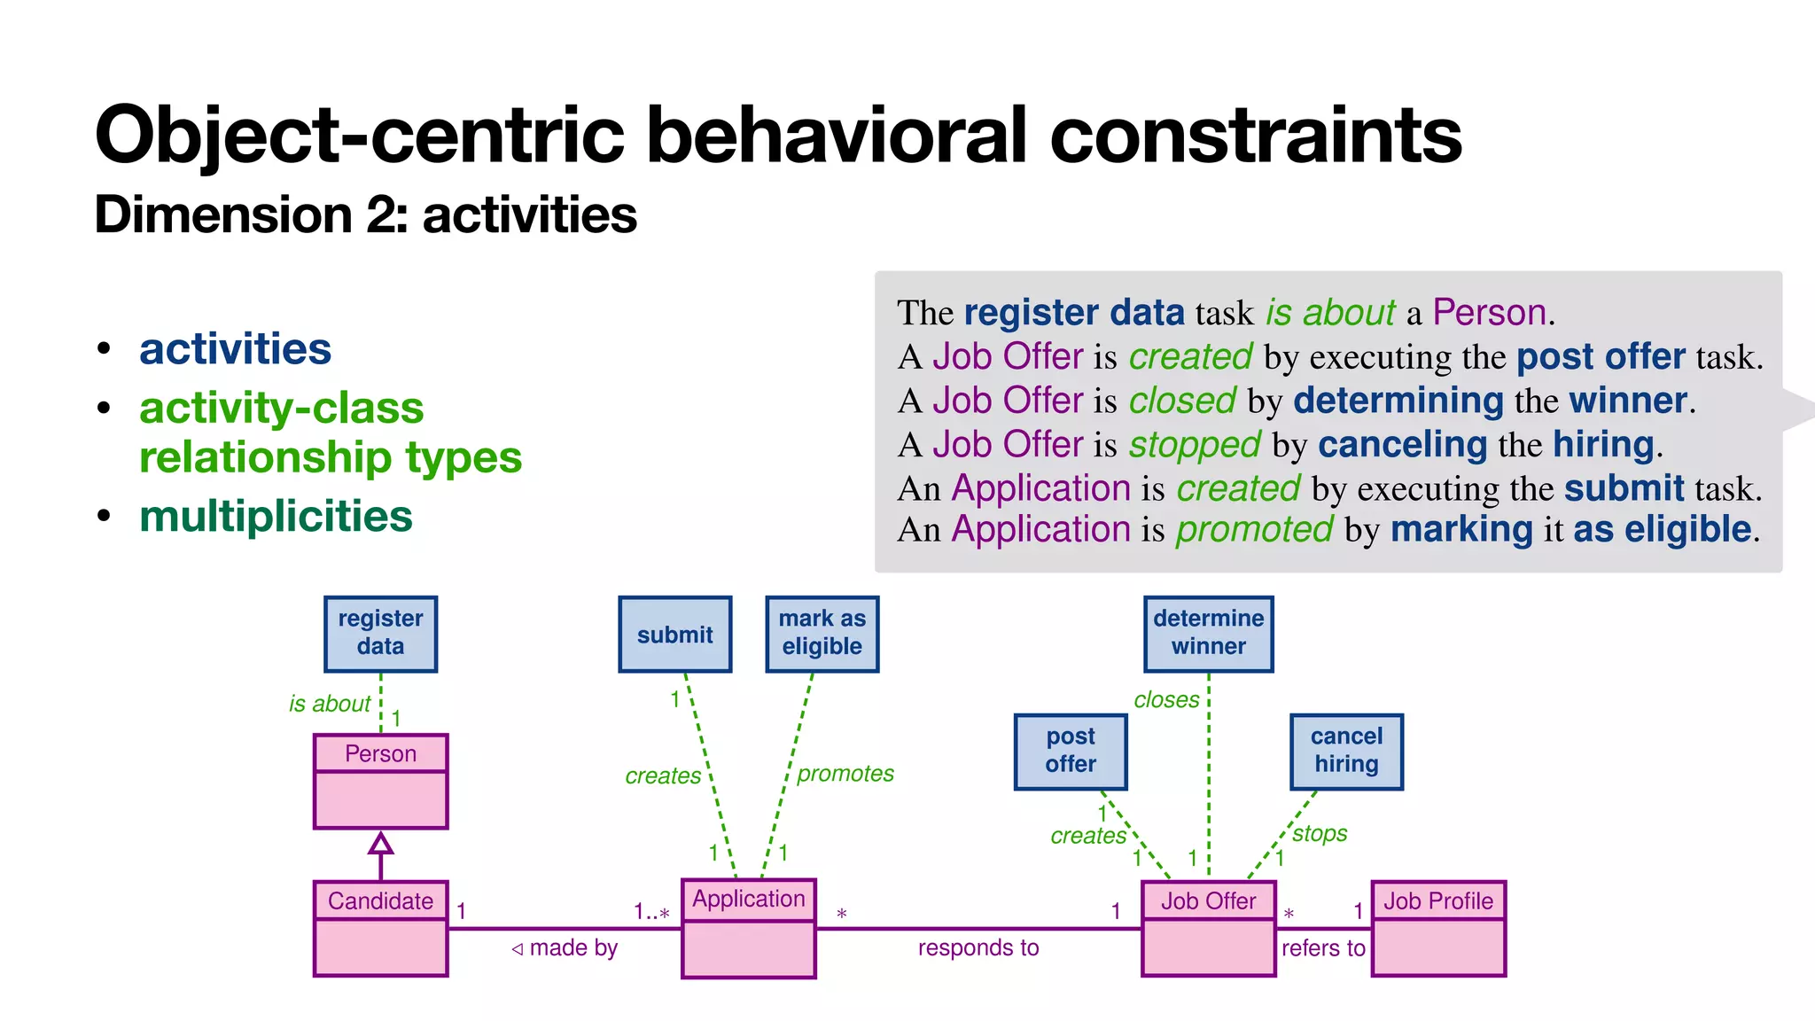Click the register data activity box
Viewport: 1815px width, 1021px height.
click(380, 633)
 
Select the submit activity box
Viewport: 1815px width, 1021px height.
click(674, 634)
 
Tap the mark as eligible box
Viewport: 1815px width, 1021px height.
click(822, 633)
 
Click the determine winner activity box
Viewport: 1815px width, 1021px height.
click(1208, 633)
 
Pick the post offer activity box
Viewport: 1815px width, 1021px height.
click(1071, 751)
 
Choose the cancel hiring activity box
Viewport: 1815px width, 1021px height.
click(1346, 751)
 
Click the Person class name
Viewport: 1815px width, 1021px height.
click(380, 753)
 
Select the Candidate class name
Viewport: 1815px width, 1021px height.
click(380, 900)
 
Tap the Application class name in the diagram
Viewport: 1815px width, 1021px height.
click(748, 899)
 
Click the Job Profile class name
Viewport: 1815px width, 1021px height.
click(1438, 900)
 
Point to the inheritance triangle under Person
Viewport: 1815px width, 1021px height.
click(380, 843)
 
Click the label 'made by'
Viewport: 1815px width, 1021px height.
click(573, 947)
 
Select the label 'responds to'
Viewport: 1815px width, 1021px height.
click(978, 947)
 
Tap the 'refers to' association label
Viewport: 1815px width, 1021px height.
click(1323, 947)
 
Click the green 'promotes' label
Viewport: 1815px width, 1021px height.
click(845, 774)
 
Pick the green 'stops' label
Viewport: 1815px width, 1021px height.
click(1320, 833)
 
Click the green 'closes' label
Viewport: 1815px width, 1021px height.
click(1166, 700)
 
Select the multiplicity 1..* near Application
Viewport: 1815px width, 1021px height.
click(651, 912)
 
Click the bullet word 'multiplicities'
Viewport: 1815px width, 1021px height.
click(276, 516)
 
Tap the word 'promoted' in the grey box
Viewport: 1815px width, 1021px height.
click(1254, 529)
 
